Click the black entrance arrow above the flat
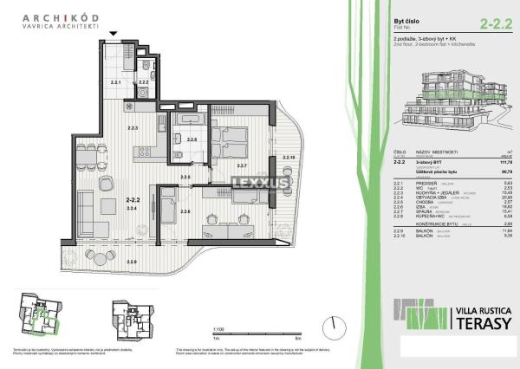tap(114, 36)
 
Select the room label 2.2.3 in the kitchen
tap(133, 128)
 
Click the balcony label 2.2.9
tap(131, 261)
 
